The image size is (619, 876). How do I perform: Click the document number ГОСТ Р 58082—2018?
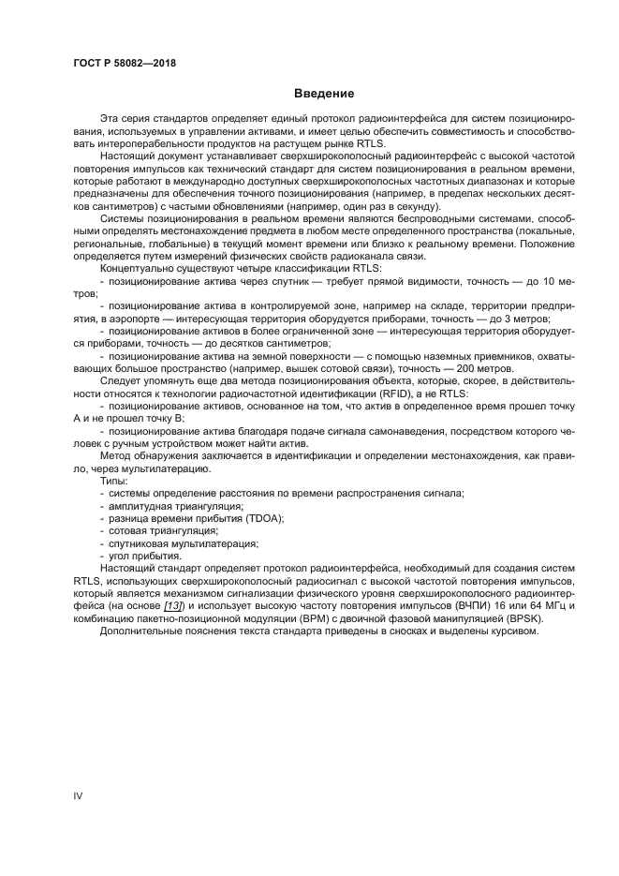coord(124,63)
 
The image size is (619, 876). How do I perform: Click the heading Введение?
coord(323,94)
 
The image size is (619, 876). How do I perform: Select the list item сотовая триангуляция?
coord(150,529)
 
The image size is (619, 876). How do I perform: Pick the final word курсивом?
coord(515,644)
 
